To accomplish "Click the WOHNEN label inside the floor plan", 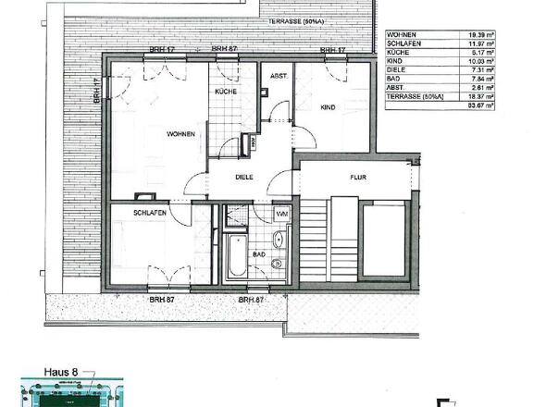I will [180, 135].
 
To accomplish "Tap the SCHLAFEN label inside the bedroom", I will [150, 213].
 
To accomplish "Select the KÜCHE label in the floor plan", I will [226, 92].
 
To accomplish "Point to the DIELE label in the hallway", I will [244, 177].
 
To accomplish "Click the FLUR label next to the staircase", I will [358, 175].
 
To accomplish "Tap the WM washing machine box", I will [281, 215].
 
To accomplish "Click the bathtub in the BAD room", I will [233, 258].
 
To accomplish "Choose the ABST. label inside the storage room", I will [277, 78].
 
